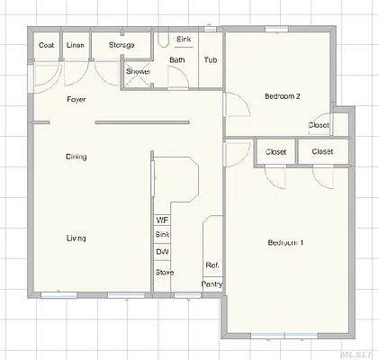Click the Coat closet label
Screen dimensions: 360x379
(x=46, y=45)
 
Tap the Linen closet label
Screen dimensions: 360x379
(x=77, y=45)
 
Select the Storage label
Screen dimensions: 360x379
(x=122, y=45)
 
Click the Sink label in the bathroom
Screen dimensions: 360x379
(x=184, y=40)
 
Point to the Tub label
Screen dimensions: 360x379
(x=210, y=60)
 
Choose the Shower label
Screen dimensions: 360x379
(x=138, y=71)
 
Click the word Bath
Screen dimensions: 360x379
(x=177, y=60)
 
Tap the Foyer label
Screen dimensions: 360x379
(x=77, y=99)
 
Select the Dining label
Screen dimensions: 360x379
(x=77, y=157)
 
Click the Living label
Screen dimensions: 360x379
(x=77, y=238)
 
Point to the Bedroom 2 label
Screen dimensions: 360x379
(x=282, y=96)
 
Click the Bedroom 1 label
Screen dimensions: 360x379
(x=285, y=243)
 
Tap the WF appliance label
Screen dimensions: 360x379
(x=162, y=220)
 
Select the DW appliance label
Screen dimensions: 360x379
(x=163, y=251)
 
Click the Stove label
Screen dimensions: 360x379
(x=164, y=272)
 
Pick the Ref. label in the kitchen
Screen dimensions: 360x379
(x=212, y=265)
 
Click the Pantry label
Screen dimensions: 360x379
(x=212, y=283)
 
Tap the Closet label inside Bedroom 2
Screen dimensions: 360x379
(x=319, y=125)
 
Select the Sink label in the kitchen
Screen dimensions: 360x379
(x=163, y=235)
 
